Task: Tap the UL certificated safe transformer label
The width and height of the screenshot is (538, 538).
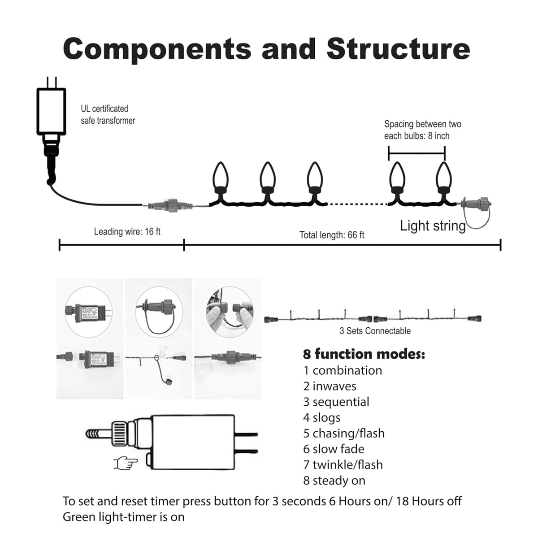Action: pos(108,115)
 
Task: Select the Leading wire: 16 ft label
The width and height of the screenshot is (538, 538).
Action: pos(127,232)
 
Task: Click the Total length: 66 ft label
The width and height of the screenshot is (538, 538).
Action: pos(332,235)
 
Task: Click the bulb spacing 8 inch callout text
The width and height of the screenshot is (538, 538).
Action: pos(422,130)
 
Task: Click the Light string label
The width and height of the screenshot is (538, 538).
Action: pos(433,226)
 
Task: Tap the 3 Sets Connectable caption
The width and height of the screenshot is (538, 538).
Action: pos(375,331)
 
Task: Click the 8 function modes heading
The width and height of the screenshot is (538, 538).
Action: pos(364,354)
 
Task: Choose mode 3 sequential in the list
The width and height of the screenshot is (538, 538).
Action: pos(336,402)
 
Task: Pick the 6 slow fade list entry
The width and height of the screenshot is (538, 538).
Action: pos(334,449)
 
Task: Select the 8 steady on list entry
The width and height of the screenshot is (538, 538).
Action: pos(334,480)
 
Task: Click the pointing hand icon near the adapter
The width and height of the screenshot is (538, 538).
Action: pos(126,463)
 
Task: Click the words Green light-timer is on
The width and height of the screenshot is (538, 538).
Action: pos(123,517)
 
